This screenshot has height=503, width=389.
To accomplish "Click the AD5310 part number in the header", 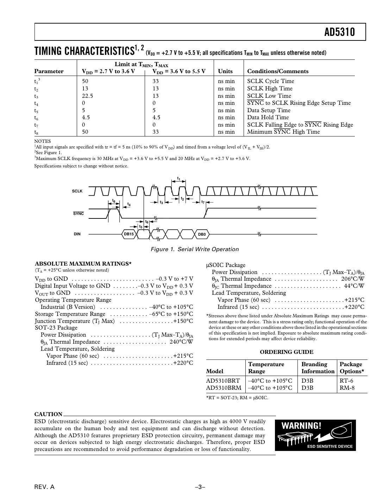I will pyautogui.click(x=339, y=32).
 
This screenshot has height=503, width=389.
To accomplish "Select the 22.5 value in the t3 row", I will pyautogui.click(x=87, y=96).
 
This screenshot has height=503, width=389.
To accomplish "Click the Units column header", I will pyautogui.click(x=225, y=71).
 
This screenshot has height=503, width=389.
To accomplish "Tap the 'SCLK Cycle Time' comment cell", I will pyautogui.click(x=270, y=81).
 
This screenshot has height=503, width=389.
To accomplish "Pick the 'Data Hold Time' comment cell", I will pyautogui.click(x=268, y=117).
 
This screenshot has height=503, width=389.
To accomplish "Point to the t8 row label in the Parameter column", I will pyautogui.click(x=36, y=132).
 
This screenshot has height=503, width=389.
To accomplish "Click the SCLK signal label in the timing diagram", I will pyautogui.click(x=77, y=191).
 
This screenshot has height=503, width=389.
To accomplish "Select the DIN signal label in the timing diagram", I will pyautogui.click(x=77, y=234).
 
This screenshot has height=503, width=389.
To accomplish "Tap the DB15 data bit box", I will pyautogui.click(x=129, y=234).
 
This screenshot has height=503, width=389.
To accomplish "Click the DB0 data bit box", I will pyautogui.click(x=202, y=234).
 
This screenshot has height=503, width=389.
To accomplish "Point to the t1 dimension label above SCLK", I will pyautogui.click(x=179, y=179).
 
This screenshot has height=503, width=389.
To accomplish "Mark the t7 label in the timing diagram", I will pyautogui.click(x=203, y=202).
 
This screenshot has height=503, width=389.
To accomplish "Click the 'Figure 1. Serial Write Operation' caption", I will pyautogui.click(x=194, y=249).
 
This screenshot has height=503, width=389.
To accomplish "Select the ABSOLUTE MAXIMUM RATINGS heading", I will pyautogui.click(x=83, y=263).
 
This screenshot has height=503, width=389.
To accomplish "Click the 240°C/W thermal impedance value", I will pyautogui.click(x=181, y=342).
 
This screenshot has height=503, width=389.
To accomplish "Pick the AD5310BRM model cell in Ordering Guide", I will pyautogui.click(x=224, y=388).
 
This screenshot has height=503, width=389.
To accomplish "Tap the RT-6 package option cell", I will pyautogui.click(x=346, y=381).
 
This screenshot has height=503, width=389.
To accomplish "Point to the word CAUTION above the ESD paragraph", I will pyautogui.click(x=48, y=414).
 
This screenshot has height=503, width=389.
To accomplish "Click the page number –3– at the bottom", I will pyautogui.click(x=200, y=487).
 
